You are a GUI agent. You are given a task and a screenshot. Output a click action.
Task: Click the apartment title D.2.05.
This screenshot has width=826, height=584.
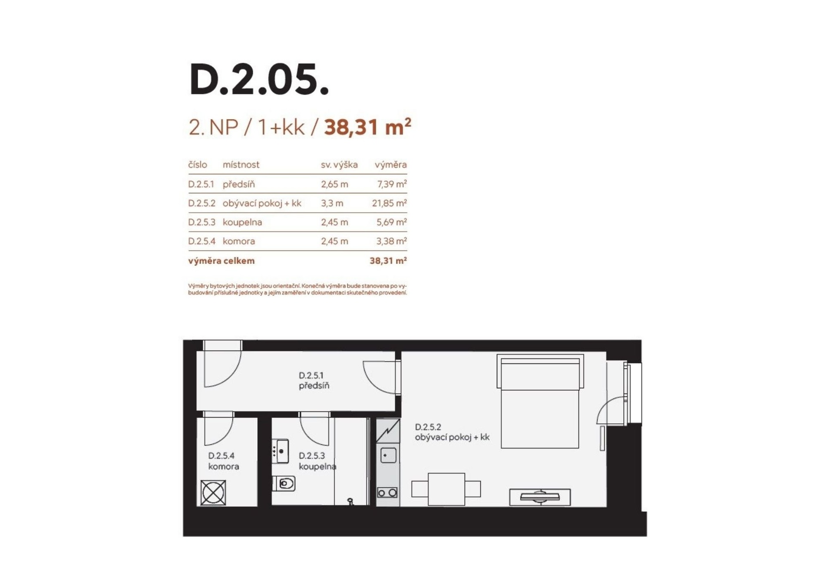pos(259,79)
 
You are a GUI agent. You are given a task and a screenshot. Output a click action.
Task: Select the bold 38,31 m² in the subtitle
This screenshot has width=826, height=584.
pos(367,127)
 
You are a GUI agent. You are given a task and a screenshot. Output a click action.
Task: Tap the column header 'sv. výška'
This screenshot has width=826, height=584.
pos(339,165)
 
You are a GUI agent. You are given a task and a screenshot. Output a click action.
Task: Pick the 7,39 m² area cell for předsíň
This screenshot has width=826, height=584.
pos(392,184)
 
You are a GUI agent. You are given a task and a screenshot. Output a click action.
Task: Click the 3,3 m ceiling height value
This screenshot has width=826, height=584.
pos(332,203)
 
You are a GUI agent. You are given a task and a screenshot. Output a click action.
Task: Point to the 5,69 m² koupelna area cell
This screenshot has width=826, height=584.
pos(391,222)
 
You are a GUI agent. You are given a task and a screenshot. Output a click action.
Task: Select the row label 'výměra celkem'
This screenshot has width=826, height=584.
pos(221,261)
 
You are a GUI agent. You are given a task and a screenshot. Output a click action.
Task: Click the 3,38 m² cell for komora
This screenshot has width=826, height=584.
pos(391,241)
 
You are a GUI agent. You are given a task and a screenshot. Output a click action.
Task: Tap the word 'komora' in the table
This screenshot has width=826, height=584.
pos(239,241)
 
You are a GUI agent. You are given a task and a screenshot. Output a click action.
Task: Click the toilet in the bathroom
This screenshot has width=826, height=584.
pos(284,484)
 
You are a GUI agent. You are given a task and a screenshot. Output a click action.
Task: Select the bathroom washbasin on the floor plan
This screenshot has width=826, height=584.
pos(280,451)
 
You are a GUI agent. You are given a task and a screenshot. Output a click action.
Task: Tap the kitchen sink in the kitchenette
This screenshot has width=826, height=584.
pos(388,455)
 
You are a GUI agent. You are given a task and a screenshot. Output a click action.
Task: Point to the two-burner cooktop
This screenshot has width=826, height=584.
pos(387,492)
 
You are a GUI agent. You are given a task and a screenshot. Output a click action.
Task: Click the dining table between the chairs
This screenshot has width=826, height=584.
pos(446,489)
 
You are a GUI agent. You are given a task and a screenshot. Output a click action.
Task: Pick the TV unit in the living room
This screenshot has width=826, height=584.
pos(540,497)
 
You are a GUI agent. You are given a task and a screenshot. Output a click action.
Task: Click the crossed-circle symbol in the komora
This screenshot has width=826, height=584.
pos(213,493)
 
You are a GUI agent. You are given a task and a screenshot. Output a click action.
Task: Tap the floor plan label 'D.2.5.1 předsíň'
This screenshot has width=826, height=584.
pos(314,380)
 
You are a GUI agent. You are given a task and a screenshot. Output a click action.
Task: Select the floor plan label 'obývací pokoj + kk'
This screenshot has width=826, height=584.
pos(452,437)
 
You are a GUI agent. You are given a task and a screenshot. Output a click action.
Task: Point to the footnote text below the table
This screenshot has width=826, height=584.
pos(297,289)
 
